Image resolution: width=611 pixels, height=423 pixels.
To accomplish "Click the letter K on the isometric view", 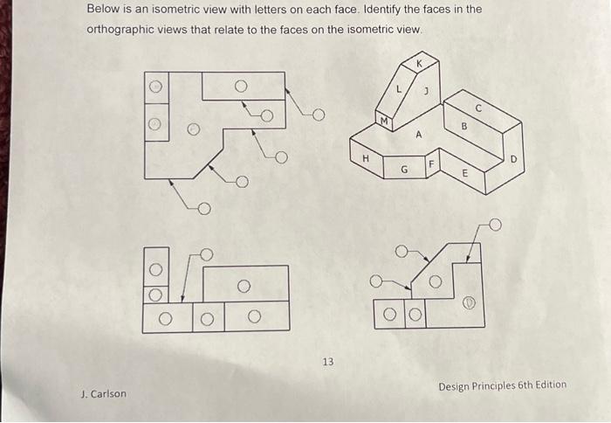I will (418, 64).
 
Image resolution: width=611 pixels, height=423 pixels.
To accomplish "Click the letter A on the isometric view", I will (418, 135).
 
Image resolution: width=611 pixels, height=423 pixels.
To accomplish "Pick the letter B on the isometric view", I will (464, 126).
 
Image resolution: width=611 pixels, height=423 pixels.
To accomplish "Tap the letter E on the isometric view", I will (464, 173).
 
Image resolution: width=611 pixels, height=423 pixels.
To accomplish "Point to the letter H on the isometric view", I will (366, 158).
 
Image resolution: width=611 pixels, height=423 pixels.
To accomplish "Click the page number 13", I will (328, 361).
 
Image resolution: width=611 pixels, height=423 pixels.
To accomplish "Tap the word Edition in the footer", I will (548, 385).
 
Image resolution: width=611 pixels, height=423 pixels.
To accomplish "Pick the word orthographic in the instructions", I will (122, 29).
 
